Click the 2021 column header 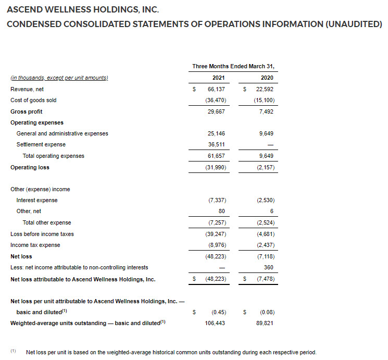coord(218,78)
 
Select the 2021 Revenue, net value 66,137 coord(216,89)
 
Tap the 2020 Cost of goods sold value coord(264,100)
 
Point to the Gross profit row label coord(27,111)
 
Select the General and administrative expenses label coord(62,133)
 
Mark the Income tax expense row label coord(35,245)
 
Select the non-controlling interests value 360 coord(269,267)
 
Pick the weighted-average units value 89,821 coord(266,323)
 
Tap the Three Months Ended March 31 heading coord(233,66)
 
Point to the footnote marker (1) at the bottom coord(14,352)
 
